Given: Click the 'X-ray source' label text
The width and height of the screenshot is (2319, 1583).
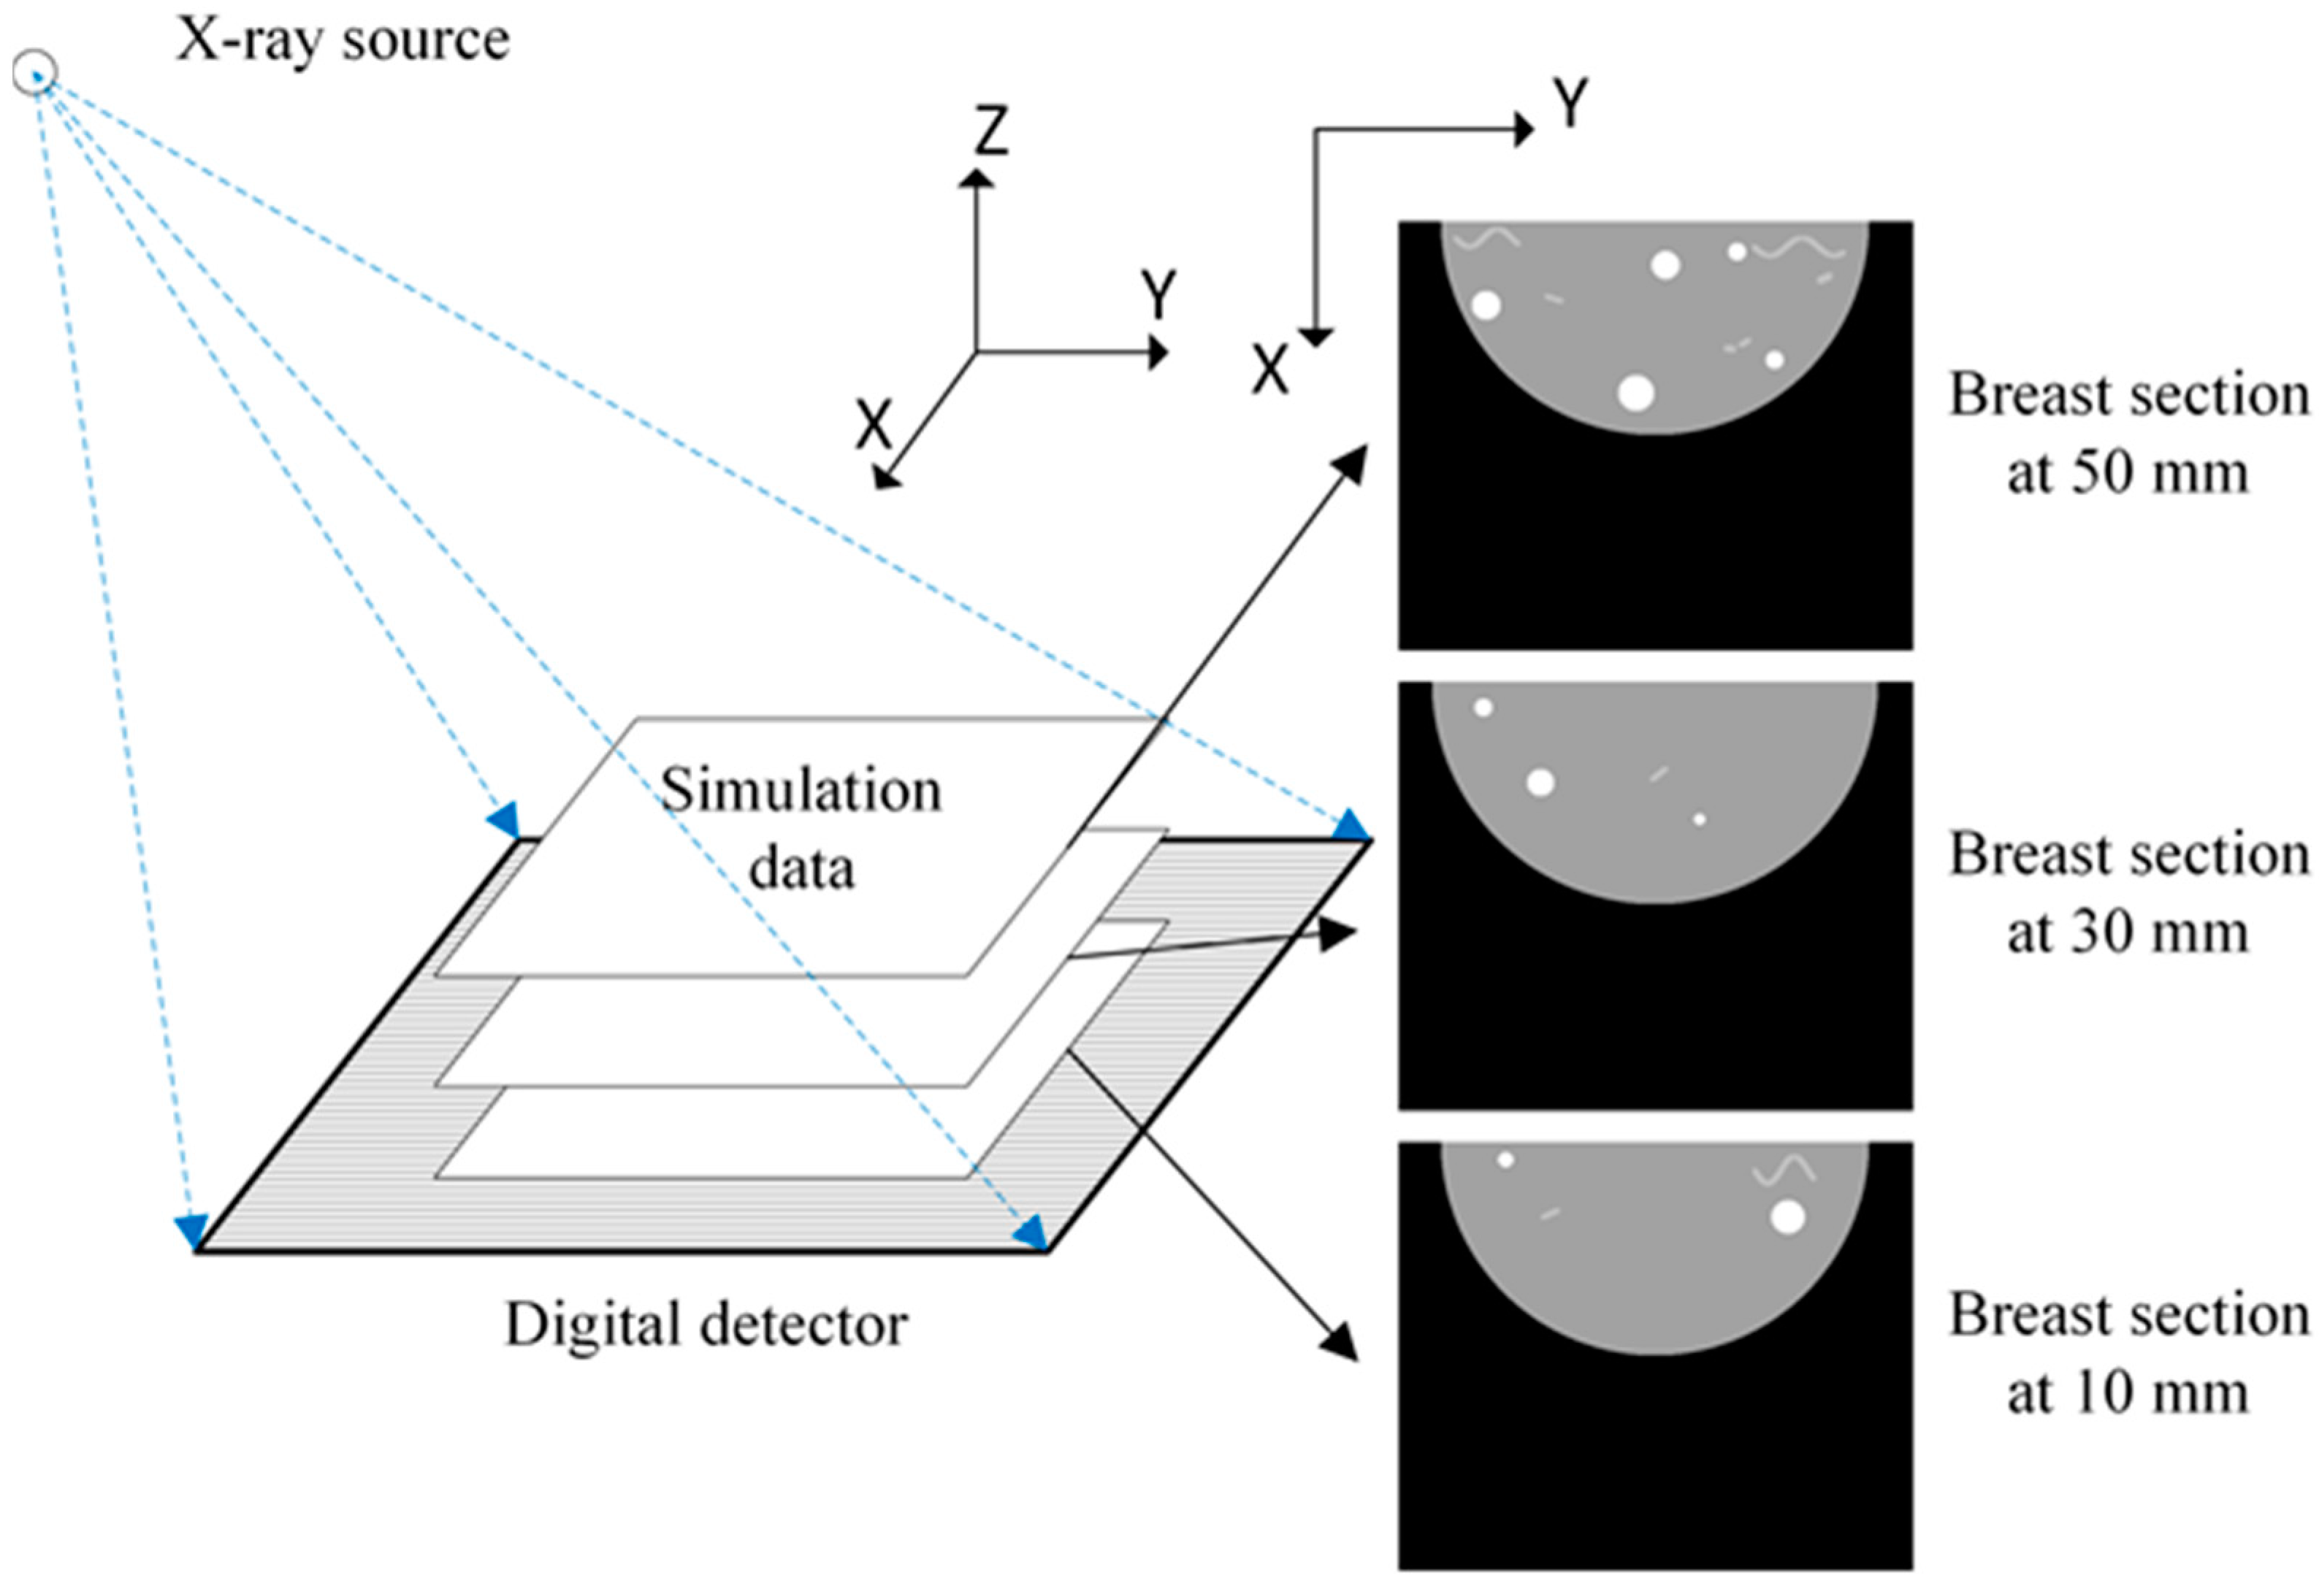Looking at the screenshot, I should (x=343, y=41).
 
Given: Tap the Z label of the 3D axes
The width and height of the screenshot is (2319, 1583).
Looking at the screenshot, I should (x=991, y=131).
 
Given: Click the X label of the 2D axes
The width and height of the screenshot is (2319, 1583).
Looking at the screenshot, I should (x=1270, y=371).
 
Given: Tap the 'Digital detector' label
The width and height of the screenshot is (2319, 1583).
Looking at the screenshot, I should (x=706, y=1325).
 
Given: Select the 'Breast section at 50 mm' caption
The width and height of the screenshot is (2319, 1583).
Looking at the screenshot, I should (x=2128, y=434).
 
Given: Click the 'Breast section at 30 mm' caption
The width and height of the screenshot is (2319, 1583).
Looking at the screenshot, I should (x=2128, y=894).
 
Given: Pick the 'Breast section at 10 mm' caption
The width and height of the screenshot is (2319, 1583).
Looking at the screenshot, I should (x=2128, y=1354).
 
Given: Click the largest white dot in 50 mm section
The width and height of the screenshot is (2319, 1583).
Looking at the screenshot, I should (x=1635, y=393).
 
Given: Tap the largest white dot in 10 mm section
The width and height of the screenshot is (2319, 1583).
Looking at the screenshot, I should (x=1787, y=1218).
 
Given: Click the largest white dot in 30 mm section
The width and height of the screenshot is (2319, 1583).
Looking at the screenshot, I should (x=1540, y=783).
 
